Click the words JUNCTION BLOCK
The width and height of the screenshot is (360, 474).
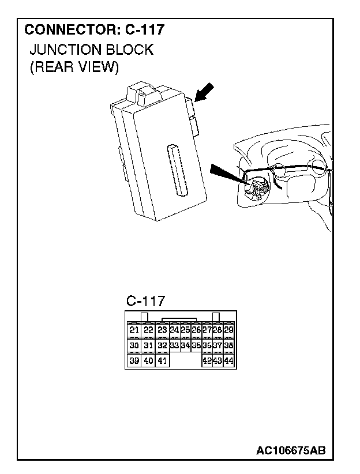tap(91, 50)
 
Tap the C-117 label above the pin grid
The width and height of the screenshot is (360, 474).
tap(145, 300)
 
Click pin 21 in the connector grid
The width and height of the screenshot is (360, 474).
tap(134, 330)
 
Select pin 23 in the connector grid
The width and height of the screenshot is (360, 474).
tap(162, 330)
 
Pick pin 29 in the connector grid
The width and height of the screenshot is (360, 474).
tap(228, 330)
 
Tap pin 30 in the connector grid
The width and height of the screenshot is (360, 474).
tap(134, 345)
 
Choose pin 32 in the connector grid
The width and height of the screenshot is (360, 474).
tap(162, 345)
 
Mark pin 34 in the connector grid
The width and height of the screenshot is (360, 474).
tap(185, 345)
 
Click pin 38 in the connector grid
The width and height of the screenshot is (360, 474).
tap(228, 345)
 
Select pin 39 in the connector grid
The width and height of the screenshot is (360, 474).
tap(134, 361)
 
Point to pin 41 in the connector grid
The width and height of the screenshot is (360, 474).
tap(162, 361)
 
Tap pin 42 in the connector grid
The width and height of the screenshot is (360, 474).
tap(207, 361)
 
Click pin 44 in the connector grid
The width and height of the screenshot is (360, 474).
tap(228, 361)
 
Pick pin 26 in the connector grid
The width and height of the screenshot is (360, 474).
tap(196, 330)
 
